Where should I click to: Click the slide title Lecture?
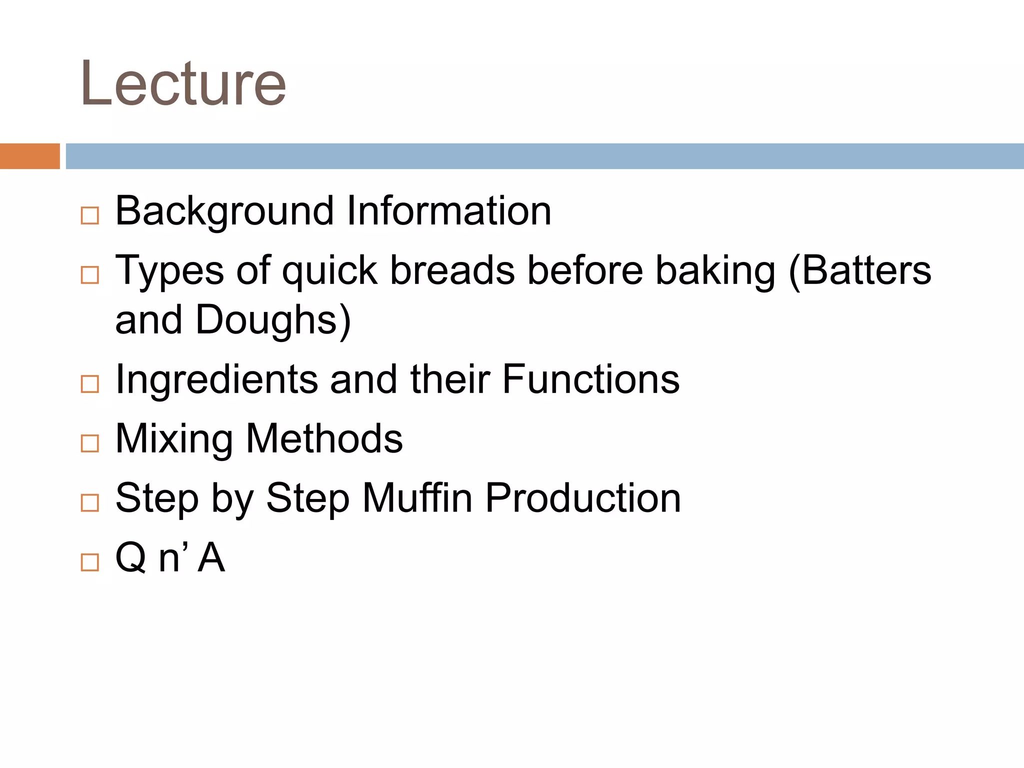tap(183, 83)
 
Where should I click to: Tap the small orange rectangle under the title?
tap(30, 156)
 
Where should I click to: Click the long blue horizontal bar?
tap(545, 156)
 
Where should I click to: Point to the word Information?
tap(448, 211)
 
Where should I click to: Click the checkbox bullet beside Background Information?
tap(90, 216)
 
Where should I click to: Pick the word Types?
tap(169, 271)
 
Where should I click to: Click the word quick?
tap(329, 271)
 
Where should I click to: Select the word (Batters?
tap(859, 270)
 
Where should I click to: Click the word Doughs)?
tap(273, 320)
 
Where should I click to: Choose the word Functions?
tap(590, 379)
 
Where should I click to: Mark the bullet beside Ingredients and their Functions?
tap(90, 384)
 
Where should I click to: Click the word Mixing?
tap(174, 439)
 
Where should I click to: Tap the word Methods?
tap(324, 438)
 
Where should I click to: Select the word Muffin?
tap(417, 497)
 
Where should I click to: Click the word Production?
tap(583, 497)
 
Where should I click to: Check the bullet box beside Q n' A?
tap(90, 562)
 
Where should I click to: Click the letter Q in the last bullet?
tap(130, 557)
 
